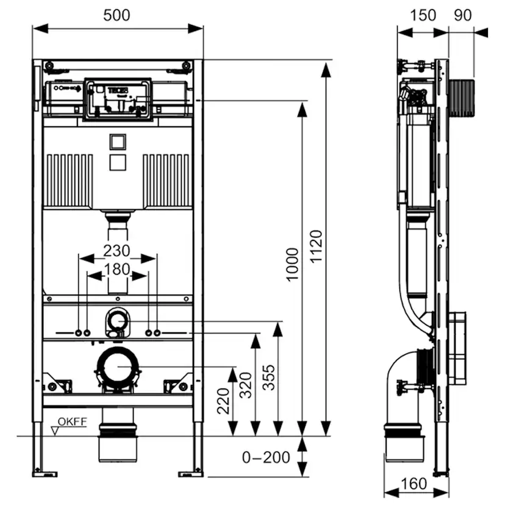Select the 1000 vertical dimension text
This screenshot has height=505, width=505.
293,263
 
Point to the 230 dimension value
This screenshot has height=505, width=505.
118,251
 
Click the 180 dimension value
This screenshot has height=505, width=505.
118,269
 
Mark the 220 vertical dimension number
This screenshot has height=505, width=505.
224,401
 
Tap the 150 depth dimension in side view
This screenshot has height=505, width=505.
423,15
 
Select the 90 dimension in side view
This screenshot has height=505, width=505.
463,15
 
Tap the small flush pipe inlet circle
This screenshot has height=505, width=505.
117,321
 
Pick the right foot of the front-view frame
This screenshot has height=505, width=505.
192,471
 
